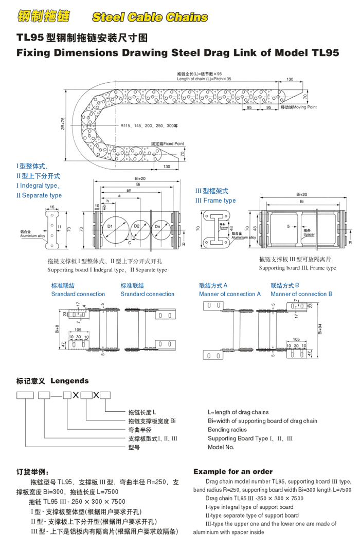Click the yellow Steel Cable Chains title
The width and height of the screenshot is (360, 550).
click(150, 17)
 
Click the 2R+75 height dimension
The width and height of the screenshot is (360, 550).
click(62, 124)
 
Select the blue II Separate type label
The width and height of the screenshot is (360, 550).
click(39, 195)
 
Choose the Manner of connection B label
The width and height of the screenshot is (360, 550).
click(301, 294)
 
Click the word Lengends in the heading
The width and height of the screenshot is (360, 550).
click(69, 381)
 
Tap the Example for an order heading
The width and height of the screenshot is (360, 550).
click(233, 471)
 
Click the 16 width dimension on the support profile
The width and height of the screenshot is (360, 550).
click(52, 207)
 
